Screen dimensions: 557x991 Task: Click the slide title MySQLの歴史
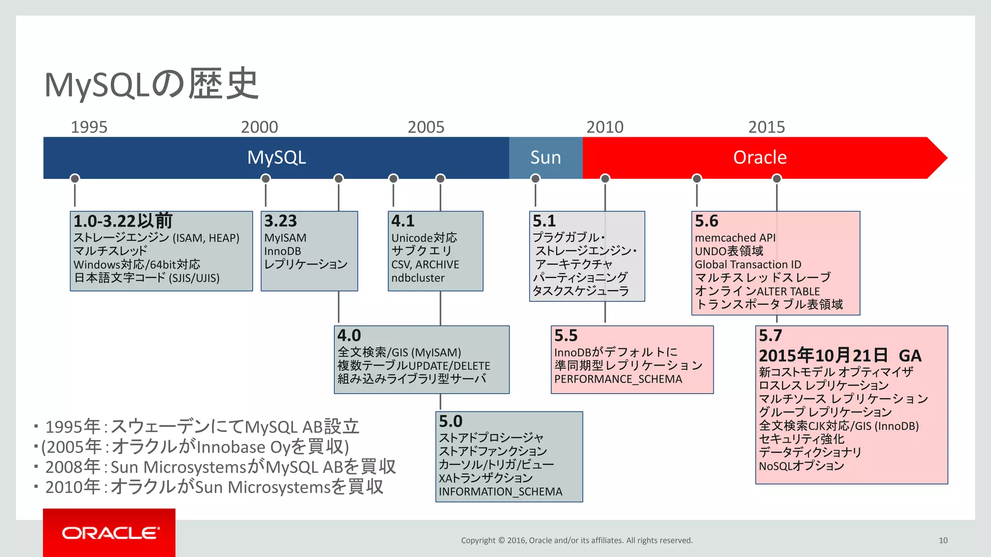click(x=151, y=84)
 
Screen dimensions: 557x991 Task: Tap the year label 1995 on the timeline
click(x=89, y=127)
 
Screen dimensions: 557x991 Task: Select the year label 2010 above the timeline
click(x=605, y=127)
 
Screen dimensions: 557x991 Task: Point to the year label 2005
click(x=426, y=127)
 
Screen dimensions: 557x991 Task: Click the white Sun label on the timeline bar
click(x=545, y=158)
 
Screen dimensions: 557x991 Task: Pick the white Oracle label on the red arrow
click(x=760, y=158)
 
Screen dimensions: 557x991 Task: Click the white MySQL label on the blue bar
click(x=276, y=158)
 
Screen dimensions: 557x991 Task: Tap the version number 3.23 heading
click(x=280, y=221)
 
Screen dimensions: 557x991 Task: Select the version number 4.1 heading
click(x=403, y=221)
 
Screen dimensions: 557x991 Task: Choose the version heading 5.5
click(x=566, y=335)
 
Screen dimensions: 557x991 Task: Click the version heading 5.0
click(x=450, y=421)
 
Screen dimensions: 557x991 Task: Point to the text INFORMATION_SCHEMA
click(x=500, y=492)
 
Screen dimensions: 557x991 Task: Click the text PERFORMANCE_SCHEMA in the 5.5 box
click(x=618, y=379)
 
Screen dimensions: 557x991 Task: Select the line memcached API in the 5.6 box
click(x=735, y=238)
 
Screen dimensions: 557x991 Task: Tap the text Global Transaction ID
click(x=748, y=264)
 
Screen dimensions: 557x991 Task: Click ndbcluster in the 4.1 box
click(x=418, y=278)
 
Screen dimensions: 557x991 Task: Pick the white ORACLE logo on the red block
click(x=110, y=533)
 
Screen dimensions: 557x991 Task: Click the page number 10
click(x=943, y=541)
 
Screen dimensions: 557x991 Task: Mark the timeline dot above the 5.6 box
click(x=697, y=178)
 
